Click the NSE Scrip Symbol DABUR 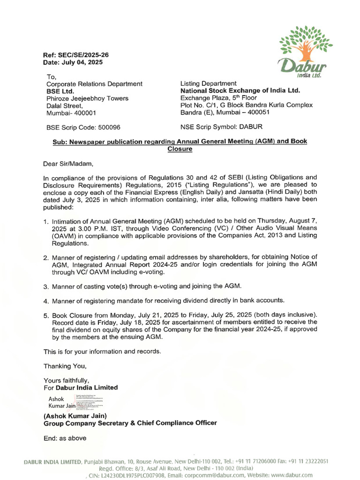pyautogui.click(x=221, y=127)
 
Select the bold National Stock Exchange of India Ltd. pyautogui.click(x=240, y=90)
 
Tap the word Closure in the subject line pyautogui.click(x=180, y=149)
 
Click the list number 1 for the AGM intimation pyautogui.click(x=46, y=221)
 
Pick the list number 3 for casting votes pyautogui.click(x=46, y=286)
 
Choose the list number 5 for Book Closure pyautogui.click(x=46, y=315)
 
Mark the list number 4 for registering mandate pyautogui.click(x=46, y=300)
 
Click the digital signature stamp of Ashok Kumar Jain pyautogui.click(x=75, y=402)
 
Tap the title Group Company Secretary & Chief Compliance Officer pyautogui.click(x=130, y=423)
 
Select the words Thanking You pyautogui.click(x=65, y=366)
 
